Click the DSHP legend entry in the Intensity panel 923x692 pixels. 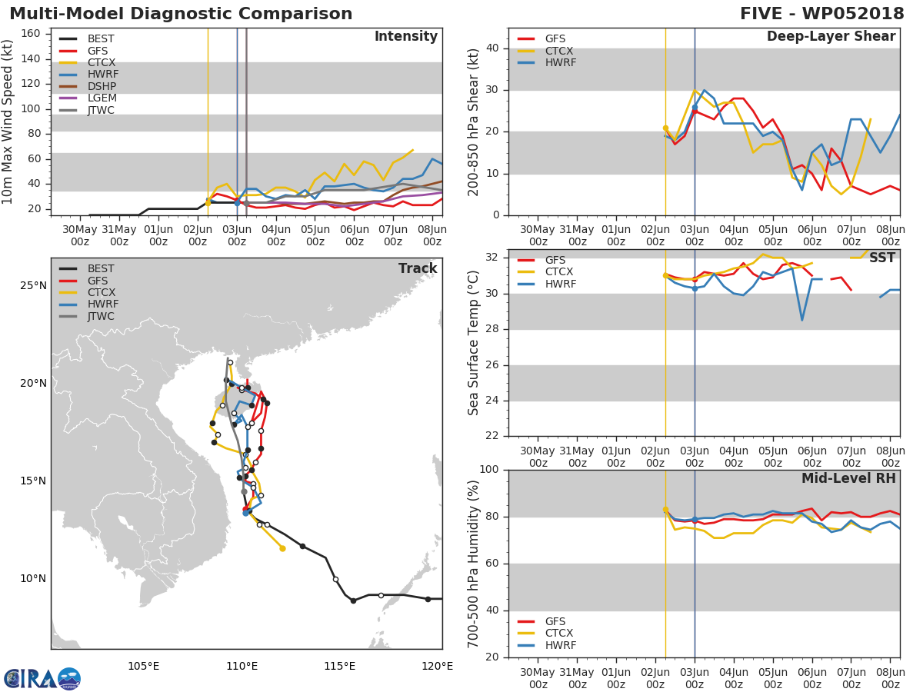click(x=88, y=86)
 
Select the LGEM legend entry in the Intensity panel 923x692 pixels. click(x=88, y=98)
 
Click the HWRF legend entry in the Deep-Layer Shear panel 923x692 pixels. click(x=547, y=62)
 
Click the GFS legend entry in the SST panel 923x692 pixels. click(x=541, y=260)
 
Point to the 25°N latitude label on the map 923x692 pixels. click(x=33, y=286)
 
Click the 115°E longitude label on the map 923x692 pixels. click(x=340, y=666)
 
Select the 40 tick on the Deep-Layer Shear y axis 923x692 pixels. click(x=492, y=48)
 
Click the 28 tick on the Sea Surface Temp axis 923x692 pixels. click(x=492, y=329)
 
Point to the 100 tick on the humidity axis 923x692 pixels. click(x=489, y=469)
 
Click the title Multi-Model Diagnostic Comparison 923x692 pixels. click(x=181, y=13)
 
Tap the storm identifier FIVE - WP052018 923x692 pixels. click(x=821, y=13)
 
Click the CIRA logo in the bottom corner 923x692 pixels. click(x=42, y=677)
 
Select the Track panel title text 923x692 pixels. click(x=418, y=268)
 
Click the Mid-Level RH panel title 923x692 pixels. click(x=848, y=478)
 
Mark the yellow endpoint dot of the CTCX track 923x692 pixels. click(x=282, y=548)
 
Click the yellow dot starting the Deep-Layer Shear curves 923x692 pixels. click(x=665, y=128)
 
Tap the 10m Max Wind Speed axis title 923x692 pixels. click(x=6, y=121)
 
